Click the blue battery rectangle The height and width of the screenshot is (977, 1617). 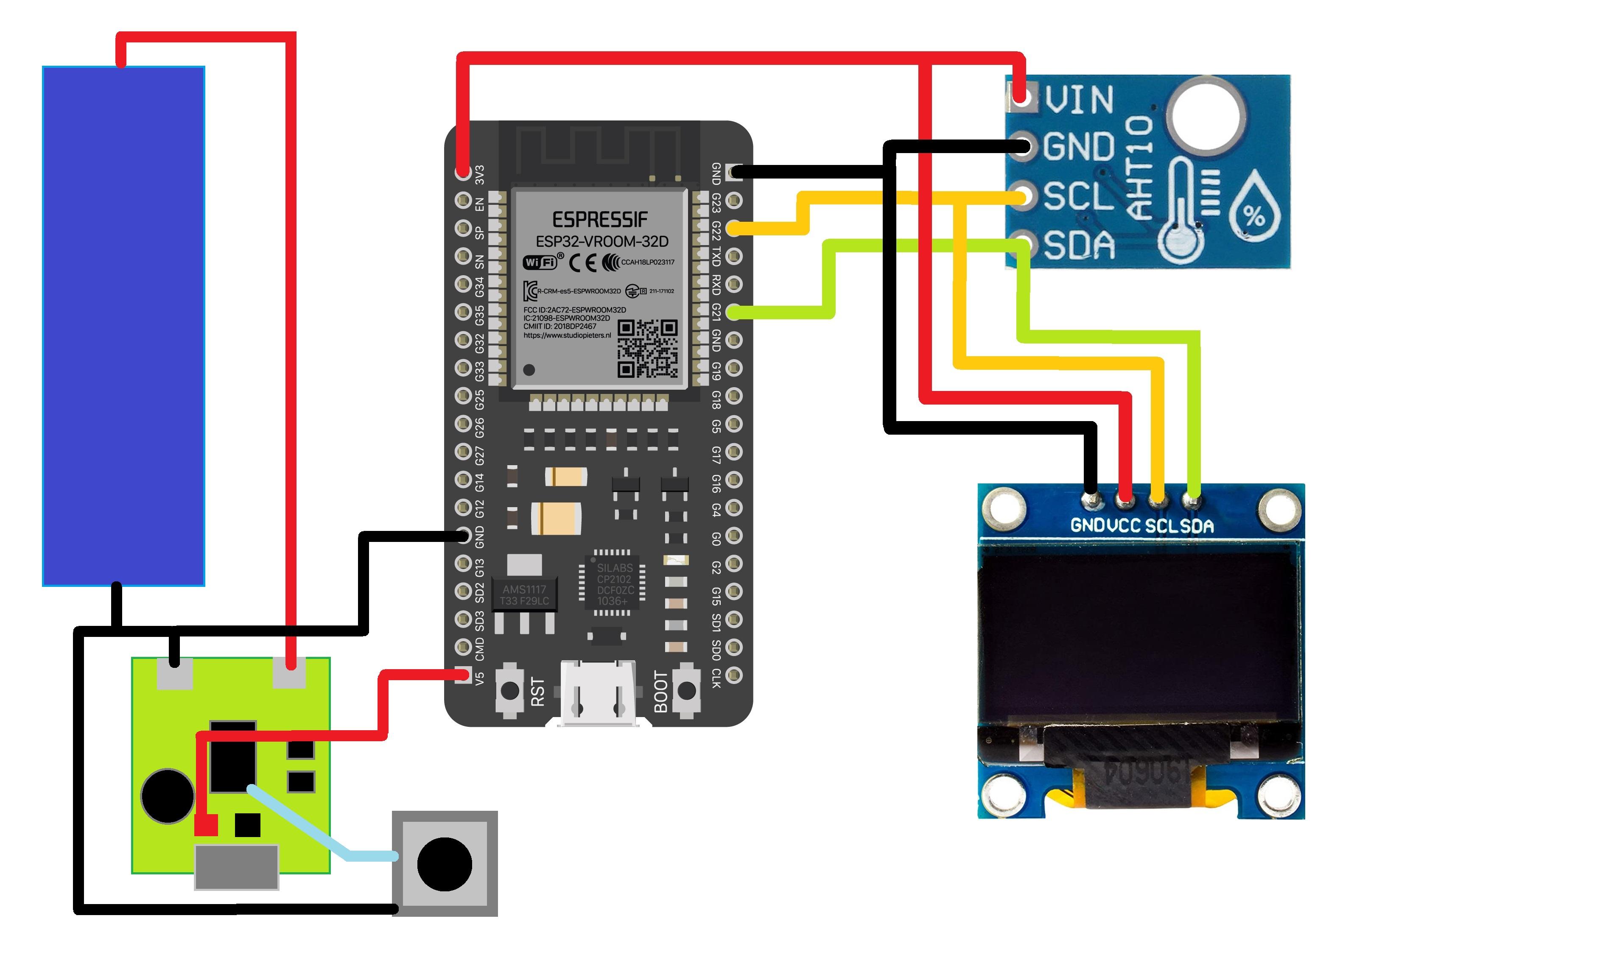point(123,326)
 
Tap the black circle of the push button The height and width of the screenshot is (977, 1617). point(444,864)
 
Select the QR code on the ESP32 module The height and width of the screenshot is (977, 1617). point(647,349)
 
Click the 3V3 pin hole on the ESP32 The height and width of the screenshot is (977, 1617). point(463,173)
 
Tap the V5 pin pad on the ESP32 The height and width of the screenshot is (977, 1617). point(463,675)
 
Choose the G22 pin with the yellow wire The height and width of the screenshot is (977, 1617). point(734,228)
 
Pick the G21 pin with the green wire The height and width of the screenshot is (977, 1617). point(734,313)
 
